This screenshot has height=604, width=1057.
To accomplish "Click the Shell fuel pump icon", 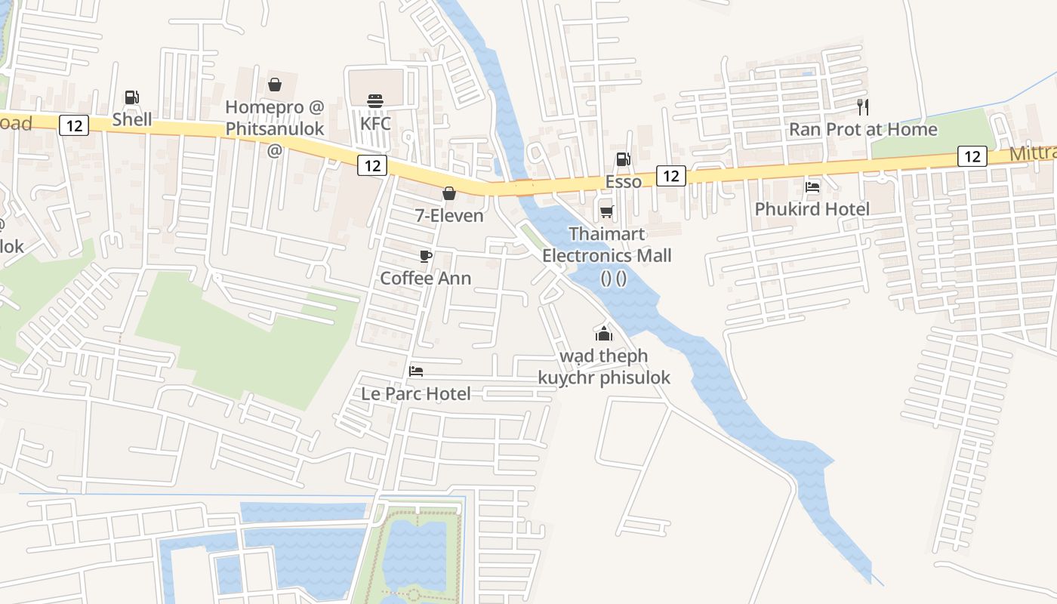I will [x=132, y=97].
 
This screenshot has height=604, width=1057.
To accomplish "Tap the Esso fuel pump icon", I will [x=623, y=159].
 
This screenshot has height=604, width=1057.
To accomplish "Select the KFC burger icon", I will [x=375, y=100].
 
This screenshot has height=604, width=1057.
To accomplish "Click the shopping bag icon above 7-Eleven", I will [x=449, y=193].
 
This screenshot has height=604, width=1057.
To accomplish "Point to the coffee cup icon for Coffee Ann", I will [x=426, y=256].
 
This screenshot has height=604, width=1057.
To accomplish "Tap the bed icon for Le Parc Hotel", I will [x=416, y=371].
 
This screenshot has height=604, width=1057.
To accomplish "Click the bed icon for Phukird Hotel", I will [x=812, y=186].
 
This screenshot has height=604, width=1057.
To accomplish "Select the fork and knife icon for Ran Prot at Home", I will [x=863, y=107].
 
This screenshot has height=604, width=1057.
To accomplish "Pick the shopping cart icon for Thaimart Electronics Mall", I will [x=606, y=211].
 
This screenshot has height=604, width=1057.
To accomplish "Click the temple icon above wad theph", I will [x=603, y=333].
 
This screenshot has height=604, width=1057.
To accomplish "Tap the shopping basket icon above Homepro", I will [x=275, y=85].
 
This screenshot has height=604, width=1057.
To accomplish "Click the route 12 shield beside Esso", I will [x=670, y=176].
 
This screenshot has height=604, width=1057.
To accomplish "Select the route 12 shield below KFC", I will [x=372, y=165].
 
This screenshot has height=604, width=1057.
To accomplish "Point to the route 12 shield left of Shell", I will [x=74, y=125].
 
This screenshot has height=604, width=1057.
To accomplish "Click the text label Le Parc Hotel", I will [x=416, y=393].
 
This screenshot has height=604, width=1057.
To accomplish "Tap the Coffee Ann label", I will [x=426, y=278].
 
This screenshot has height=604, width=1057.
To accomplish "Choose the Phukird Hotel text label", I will [x=812, y=209].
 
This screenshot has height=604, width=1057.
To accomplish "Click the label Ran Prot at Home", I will [x=863, y=130].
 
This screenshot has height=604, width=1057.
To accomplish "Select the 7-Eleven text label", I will [x=449, y=216].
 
